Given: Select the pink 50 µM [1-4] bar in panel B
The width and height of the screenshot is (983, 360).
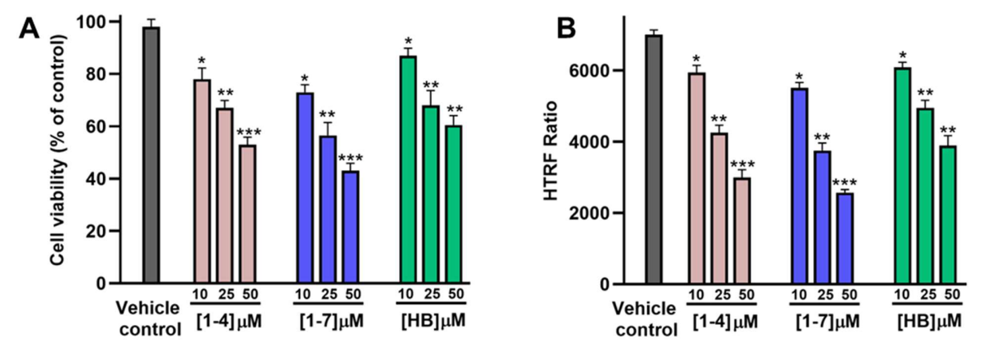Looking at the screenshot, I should tap(742, 231).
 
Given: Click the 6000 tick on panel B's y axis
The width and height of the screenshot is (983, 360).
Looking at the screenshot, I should tap(593, 71).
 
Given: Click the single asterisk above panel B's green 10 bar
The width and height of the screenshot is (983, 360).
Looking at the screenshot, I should tap(901, 55).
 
